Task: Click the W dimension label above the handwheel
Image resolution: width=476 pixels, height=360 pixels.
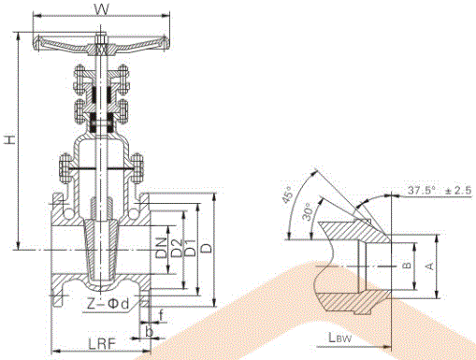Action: coord(102,9)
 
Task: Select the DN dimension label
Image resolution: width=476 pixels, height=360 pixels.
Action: coord(162,248)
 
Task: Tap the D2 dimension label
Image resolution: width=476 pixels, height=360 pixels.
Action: coord(176,248)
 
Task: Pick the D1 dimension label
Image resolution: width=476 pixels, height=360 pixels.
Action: coord(190,248)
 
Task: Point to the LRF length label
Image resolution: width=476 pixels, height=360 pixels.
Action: coord(102,344)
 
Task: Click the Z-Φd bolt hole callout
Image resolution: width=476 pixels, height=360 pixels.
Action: coord(108,304)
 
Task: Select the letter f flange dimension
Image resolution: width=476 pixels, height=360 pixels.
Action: coord(161,315)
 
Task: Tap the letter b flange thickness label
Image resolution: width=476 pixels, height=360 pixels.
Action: coord(150,332)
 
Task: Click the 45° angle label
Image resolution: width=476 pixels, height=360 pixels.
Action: coord(287,194)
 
